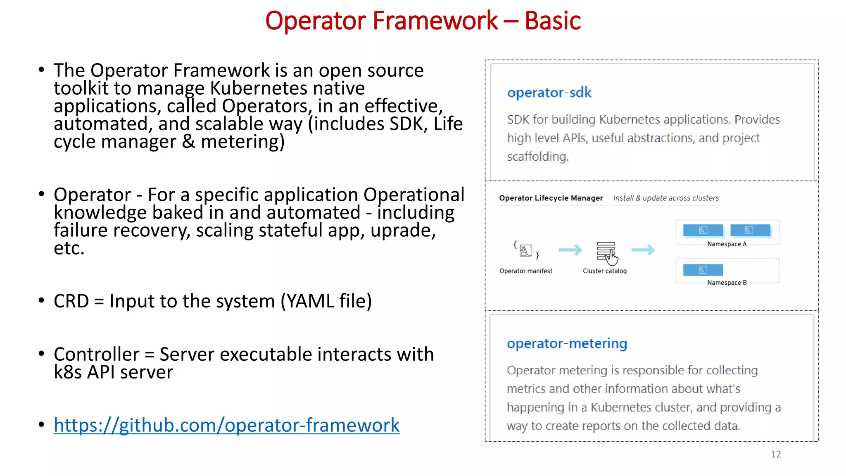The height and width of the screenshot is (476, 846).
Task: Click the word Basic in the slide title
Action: (552, 21)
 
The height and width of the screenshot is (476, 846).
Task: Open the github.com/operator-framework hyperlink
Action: (226, 425)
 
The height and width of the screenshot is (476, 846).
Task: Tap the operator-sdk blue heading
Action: (549, 93)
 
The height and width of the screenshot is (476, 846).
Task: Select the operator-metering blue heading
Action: (567, 343)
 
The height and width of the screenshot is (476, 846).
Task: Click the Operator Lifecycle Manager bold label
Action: (551, 198)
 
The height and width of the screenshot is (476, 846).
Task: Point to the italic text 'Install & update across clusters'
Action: (665, 198)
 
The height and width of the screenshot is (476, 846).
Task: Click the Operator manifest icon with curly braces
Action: (526, 250)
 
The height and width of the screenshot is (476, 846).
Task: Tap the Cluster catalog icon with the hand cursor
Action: (606, 252)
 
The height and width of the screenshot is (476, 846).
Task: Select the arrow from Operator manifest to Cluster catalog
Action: (570, 250)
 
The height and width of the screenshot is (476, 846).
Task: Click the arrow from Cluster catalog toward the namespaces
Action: (643, 250)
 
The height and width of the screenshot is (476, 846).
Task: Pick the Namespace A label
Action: (727, 244)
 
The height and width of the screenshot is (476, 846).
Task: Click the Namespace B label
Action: (727, 283)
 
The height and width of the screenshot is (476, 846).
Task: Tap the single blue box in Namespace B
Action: (703, 270)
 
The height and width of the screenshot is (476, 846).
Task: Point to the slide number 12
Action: (775, 454)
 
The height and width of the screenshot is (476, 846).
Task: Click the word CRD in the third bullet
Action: (71, 301)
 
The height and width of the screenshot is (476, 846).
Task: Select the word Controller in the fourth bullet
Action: (96, 354)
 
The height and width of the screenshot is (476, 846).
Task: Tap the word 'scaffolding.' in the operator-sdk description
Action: (537, 157)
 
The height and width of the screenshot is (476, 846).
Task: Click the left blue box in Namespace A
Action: (703, 230)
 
